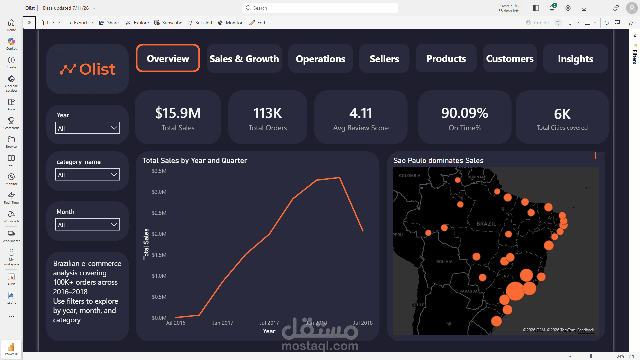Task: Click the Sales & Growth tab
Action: tap(244, 59)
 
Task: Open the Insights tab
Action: tap(575, 59)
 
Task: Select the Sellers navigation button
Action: tap(384, 59)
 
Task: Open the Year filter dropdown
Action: tap(87, 128)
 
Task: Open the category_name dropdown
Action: tap(87, 175)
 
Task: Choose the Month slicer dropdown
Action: tap(87, 225)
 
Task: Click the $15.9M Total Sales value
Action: tap(178, 113)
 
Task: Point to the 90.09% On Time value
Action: tap(465, 113)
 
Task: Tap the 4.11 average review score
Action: tap(361, 113)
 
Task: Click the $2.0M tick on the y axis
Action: tap(159, 234)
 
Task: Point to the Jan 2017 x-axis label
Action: tap(223, 323)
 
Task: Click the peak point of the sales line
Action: tap(339, 178)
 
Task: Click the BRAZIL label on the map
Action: tap(486, 224)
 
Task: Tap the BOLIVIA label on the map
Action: tap(444, 262)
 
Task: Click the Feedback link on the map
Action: tap(586, 330)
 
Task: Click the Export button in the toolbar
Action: tap(79, 23)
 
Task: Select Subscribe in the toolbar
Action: tap(168, 23)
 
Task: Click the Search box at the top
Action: tap(320, 8)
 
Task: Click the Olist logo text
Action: tap(97, 69)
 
